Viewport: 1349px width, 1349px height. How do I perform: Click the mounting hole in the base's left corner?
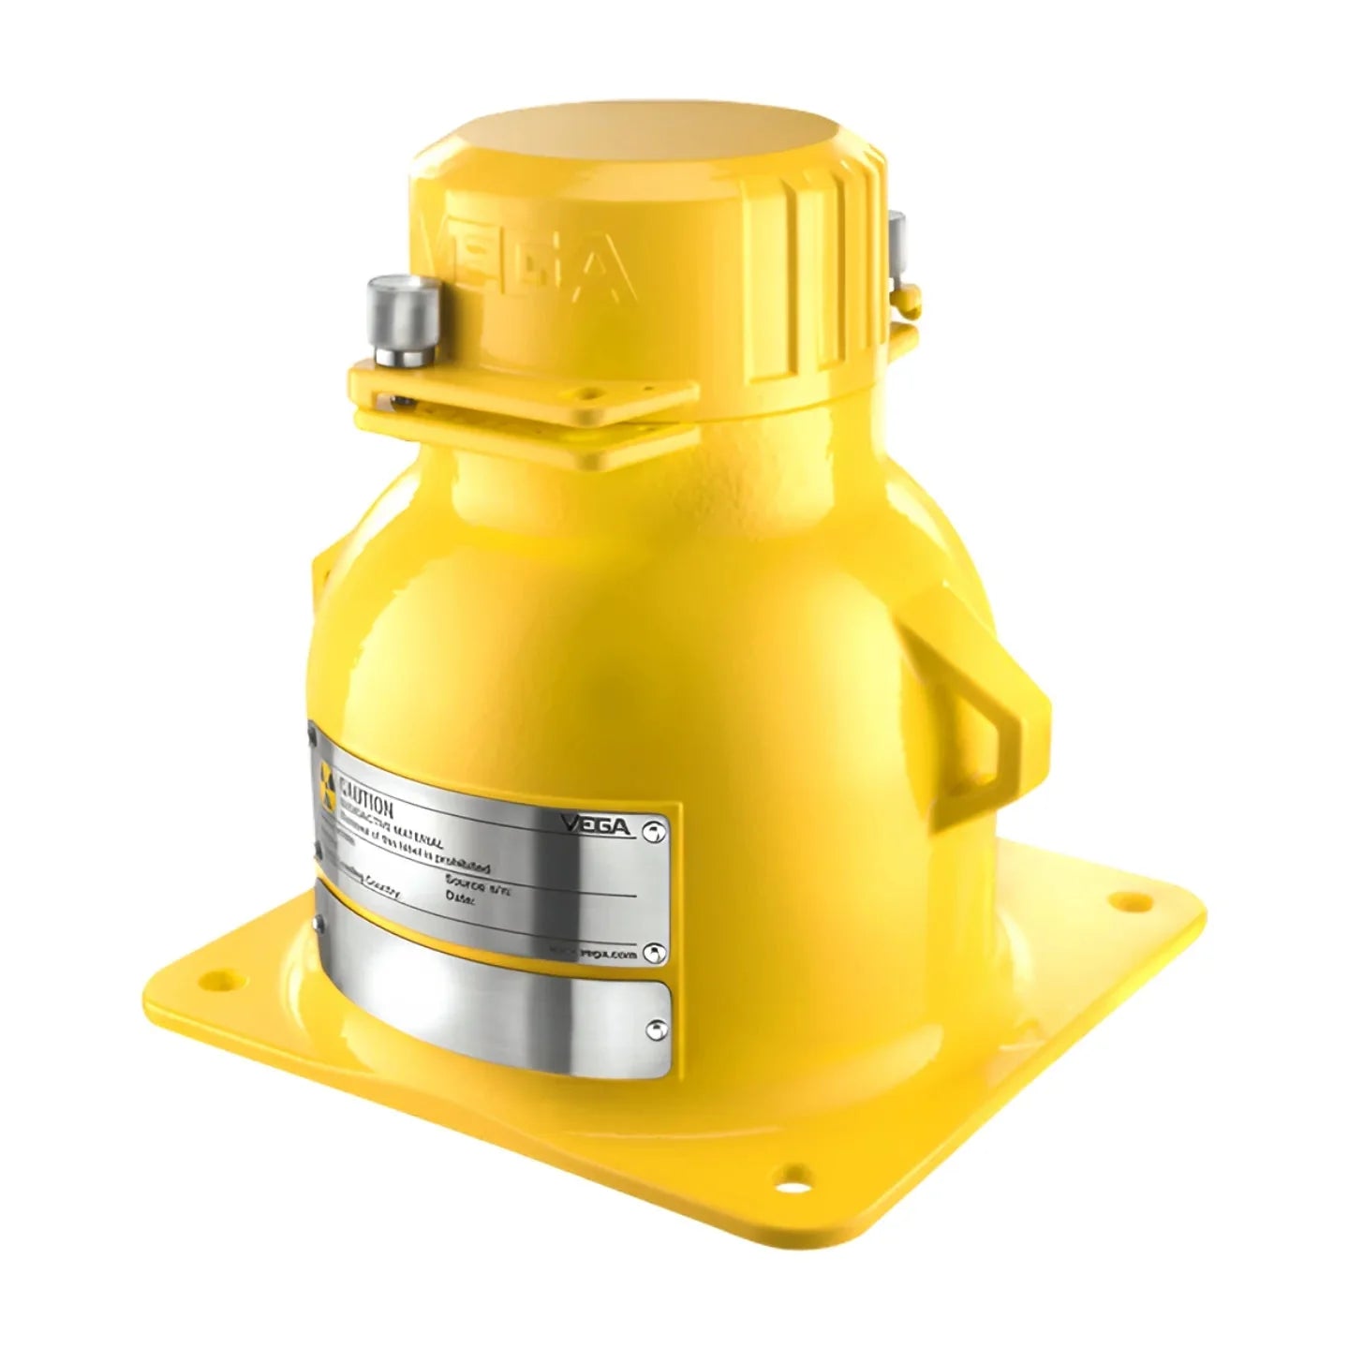[218, 979]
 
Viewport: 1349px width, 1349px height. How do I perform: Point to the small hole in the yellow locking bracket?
[404, 400]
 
